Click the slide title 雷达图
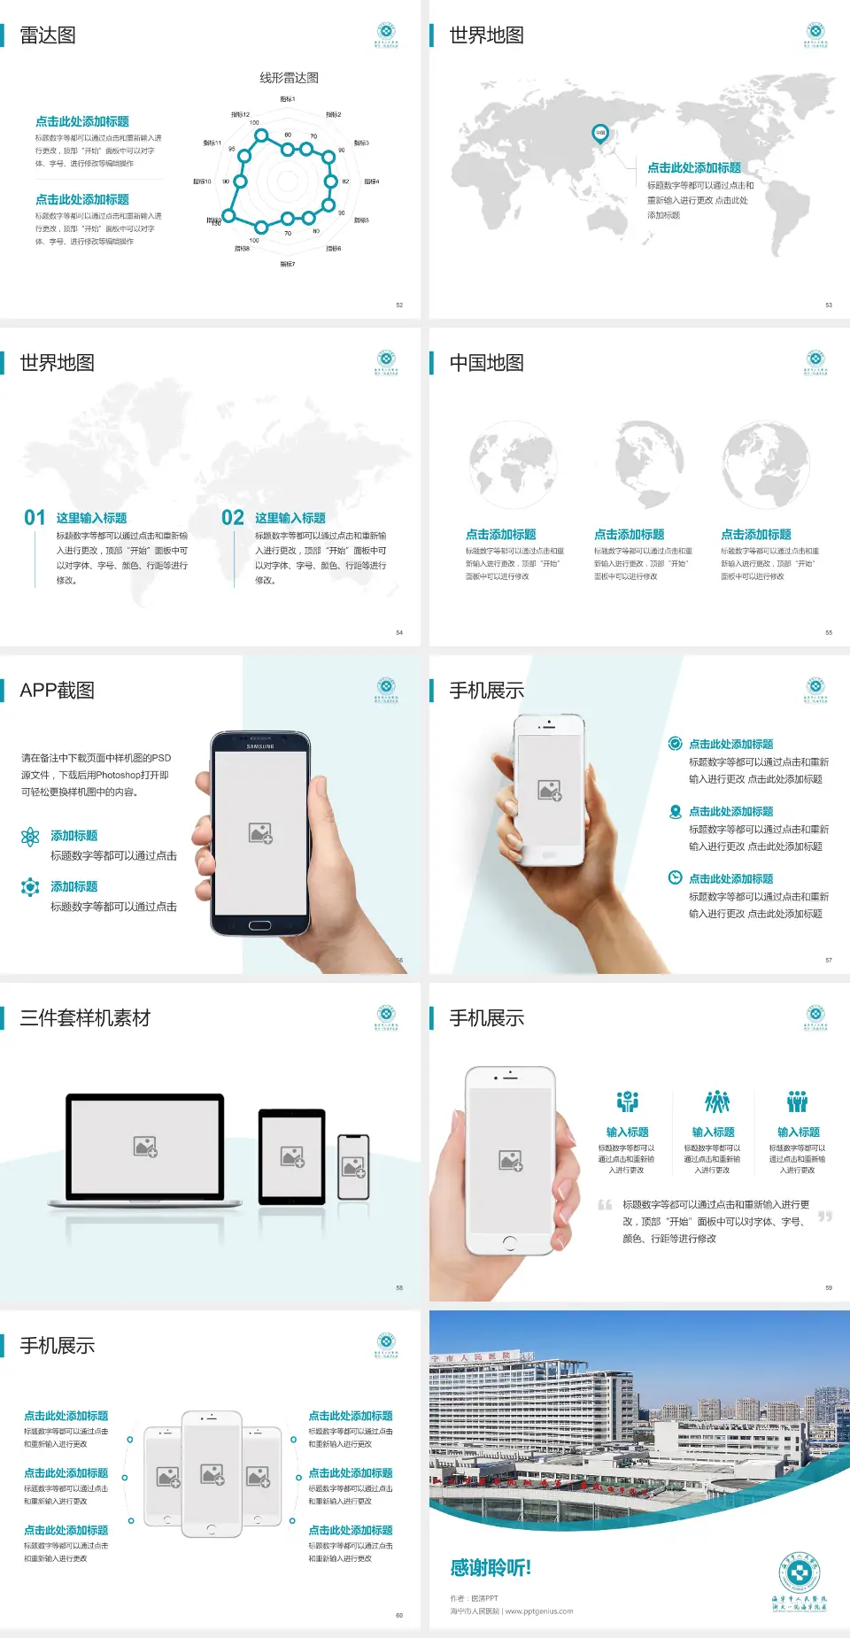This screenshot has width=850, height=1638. [48, 35]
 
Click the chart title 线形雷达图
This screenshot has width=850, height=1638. [289, 78]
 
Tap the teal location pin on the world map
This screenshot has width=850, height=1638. [599, 134]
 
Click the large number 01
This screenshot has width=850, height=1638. [35, 517]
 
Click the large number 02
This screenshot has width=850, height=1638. [233, 517]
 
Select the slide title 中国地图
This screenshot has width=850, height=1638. [486, 363]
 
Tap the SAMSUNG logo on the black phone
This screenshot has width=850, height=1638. [260, 746]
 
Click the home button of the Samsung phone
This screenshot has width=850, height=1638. [259, 925]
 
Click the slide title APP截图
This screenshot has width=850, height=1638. [57, 691]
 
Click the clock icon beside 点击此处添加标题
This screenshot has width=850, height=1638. [675, 877]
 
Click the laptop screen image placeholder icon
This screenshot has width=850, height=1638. [145, 1147]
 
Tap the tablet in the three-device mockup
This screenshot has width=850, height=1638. [292, 1155]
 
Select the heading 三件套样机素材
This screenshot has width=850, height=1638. [85, 1018]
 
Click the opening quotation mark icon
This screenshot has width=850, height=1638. [606, 1205]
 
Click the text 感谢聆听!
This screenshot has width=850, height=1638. [491, 1568]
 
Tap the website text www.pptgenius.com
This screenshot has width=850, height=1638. [539, 1611]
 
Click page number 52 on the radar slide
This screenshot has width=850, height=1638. [399, 305]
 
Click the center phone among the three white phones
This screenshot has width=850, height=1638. [212, 1473]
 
